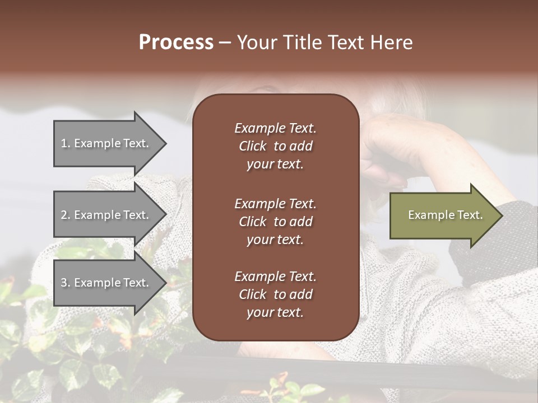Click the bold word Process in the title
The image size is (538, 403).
(x=176, y=43)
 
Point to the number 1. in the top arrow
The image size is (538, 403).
(x=66, y=143)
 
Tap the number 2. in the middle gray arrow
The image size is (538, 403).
(x=66, y=215)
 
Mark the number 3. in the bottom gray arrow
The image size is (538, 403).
(x=66, y=283)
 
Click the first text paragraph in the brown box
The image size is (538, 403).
(x=275, y=146)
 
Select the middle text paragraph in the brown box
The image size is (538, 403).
(x=275, y=222)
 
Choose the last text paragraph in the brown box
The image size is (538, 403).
(x=275, y=294)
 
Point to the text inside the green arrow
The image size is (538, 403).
(x=446, y=215)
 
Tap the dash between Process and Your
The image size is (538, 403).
(x=225, y=43)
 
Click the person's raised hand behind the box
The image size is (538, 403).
(x=392, y=151)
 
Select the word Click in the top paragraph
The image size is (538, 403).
(x=252, y=146)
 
